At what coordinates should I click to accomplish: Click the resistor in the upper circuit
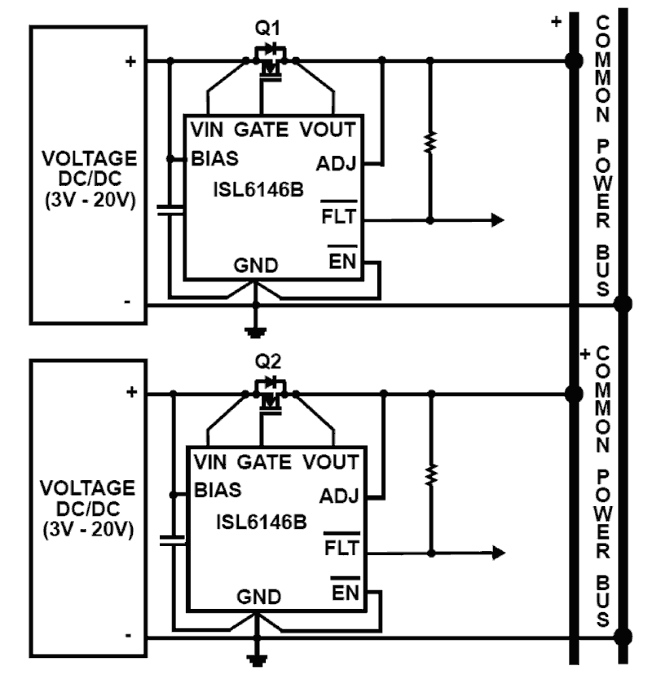430,142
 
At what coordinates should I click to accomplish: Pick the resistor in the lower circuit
431,475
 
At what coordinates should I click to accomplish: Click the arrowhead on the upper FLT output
497,220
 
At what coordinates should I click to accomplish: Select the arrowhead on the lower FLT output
498,553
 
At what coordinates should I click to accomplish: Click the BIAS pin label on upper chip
215,158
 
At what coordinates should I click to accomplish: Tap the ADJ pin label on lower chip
338,496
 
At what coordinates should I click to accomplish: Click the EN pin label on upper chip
342,261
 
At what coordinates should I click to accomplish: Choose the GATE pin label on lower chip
264,462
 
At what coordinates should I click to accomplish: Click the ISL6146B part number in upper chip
258,190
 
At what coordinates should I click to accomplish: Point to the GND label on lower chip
259,597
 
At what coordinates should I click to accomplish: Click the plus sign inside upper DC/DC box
130,62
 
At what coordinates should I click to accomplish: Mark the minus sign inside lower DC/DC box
128,635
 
